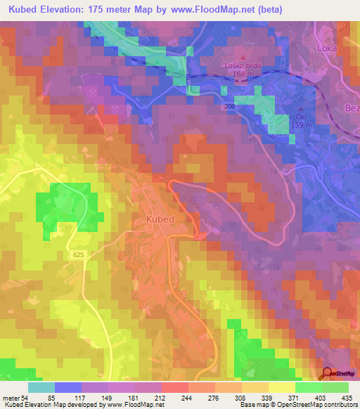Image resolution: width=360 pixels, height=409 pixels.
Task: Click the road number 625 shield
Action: pos(78,258)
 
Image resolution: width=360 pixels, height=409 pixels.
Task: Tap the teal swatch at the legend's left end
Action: pos(41,387)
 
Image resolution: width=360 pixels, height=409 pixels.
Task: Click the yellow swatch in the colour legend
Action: pos(282,387)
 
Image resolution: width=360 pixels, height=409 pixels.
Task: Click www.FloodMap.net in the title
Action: pos(211,10)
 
